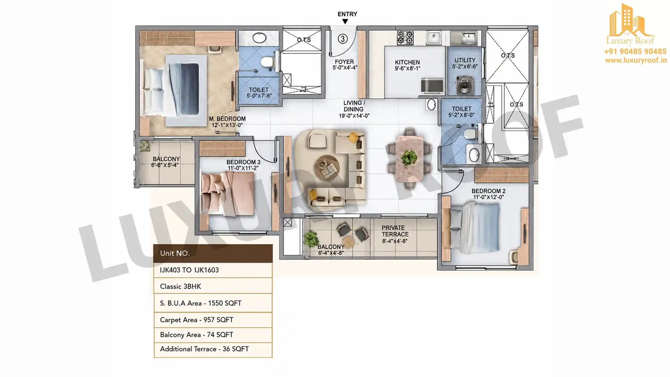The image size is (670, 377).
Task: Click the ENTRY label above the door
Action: tap(347, 14)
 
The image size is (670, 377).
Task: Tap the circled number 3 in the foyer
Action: tap(343, 39)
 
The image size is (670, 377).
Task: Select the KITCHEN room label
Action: tap(407, 62)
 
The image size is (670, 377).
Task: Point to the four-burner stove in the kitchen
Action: tap(405, 38)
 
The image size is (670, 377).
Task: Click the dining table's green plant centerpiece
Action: tap(409, 157)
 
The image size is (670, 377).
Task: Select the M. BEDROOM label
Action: tap(227, 119)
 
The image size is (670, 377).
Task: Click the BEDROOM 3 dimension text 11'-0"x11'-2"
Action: tap(243, 168)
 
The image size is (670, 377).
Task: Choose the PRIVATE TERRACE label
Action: tap(395, 231)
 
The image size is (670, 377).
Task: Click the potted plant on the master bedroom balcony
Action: tap(144, 146)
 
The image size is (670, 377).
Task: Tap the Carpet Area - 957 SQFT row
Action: tap(213, 320)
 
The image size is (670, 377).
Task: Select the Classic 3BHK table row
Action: tap(213, 286)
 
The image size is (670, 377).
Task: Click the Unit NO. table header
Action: tap(213, 253)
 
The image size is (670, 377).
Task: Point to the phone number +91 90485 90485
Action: tap(635, 52)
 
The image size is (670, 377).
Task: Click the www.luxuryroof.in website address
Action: tap(635, 60)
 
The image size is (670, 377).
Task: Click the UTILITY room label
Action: tap(465, 60)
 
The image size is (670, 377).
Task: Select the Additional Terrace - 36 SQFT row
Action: tap(213, 349)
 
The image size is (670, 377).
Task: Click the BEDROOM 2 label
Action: tap(488, 191)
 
